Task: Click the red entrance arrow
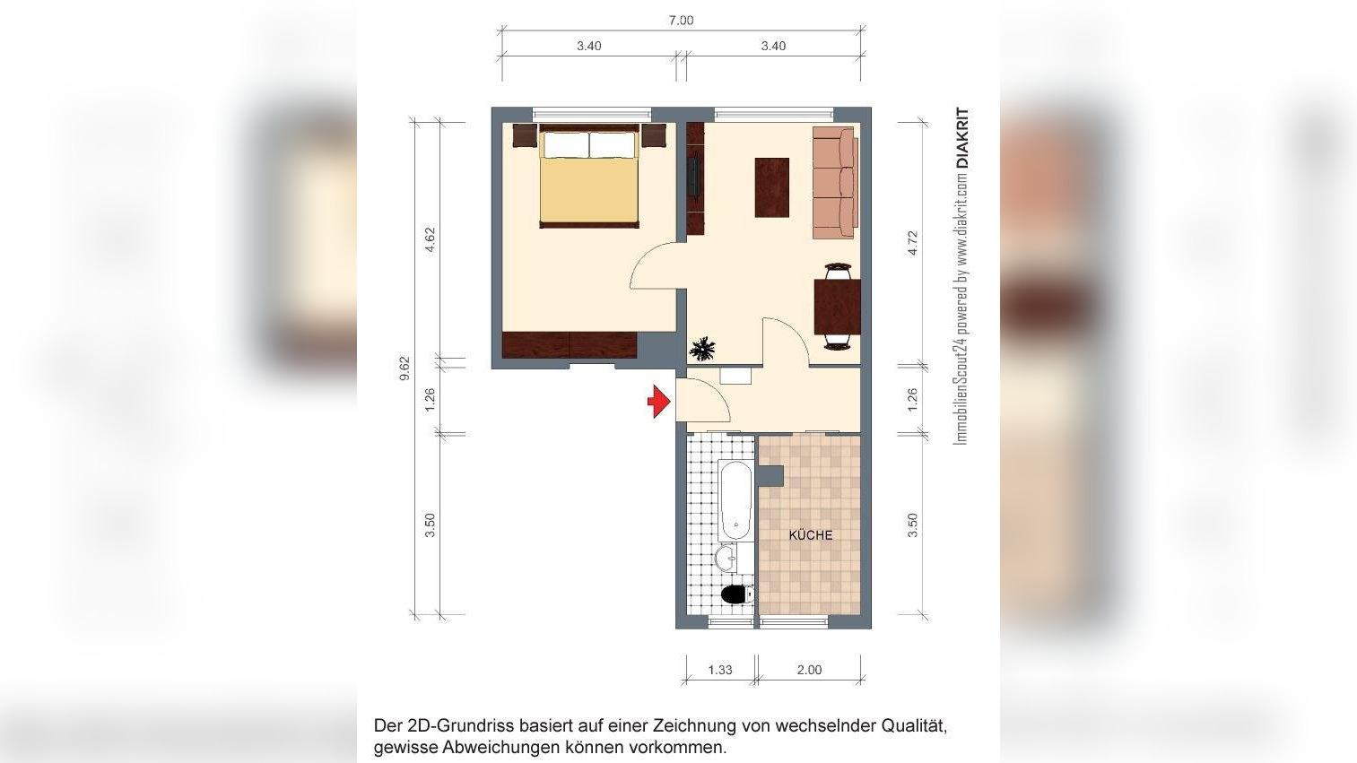(x=659, y=401)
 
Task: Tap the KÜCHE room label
(x=810, y=535)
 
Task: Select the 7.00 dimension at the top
(x=681, y=21)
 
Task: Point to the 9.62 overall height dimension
(x=404, y=368)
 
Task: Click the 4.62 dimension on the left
(x=431, y=239)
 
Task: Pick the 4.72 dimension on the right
(x=913, y=243)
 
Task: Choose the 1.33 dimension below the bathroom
(x=720, y=670)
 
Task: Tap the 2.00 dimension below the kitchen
(x=809, y=670)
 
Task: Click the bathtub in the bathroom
(x=734, y=499)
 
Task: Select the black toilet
(x=736, y=594)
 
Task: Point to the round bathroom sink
(x=726, y=559)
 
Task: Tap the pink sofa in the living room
(x=834, y=183)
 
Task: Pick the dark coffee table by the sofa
(x=772, y=187)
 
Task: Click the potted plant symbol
(x=702, y=348)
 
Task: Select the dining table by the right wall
(x=837, y=307)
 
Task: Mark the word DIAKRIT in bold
(x=963, y=139)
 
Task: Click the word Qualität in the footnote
(x=914, y=725)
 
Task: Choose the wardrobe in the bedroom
(x=570, y=345)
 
